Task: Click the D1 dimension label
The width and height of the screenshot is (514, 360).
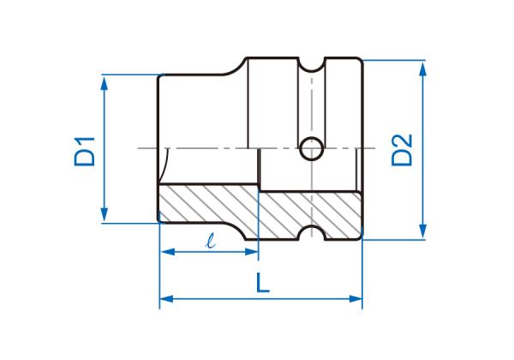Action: (x=85, y=152)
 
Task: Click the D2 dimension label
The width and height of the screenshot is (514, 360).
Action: (x=402, y=150)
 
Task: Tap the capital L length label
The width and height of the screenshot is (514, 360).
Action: (x=263, y=283)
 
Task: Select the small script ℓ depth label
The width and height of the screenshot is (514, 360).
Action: (x=211, y=240)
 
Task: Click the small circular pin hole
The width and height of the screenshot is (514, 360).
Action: (x=312, y=148)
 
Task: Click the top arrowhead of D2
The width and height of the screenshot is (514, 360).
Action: (x=423, y=69)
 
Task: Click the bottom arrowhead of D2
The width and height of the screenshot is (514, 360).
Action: (x=423, y=231)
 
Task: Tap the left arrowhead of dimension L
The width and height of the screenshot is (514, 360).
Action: (x=166, y=298)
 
